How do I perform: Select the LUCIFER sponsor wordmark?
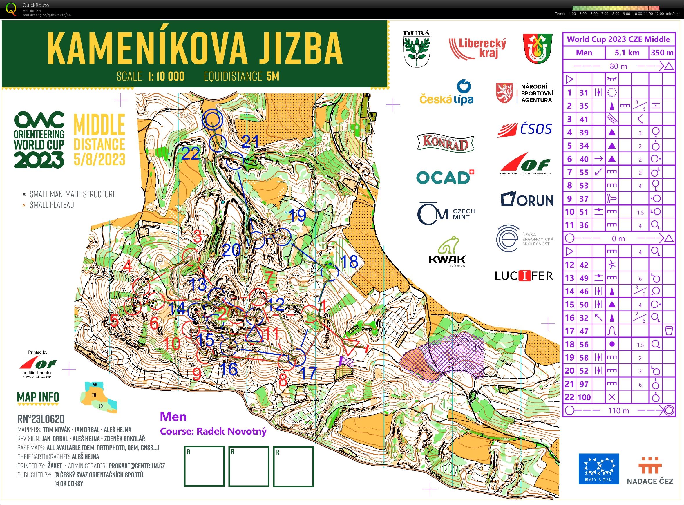click(x=524, y=276)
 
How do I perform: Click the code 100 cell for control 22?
click(x=584, y=397)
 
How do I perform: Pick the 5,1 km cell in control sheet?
click(x=627, y=53)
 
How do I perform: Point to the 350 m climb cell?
click(x=662, y=53)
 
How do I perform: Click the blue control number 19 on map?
click(x=297, y=216)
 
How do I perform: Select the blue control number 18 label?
click(x=349, y=262)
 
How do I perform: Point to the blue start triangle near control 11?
click(x=254, y=335)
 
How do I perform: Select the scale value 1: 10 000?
click(x=166, y=76)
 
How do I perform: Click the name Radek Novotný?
click(x=231, y=431)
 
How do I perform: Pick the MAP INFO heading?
click(x=38, y=397)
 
